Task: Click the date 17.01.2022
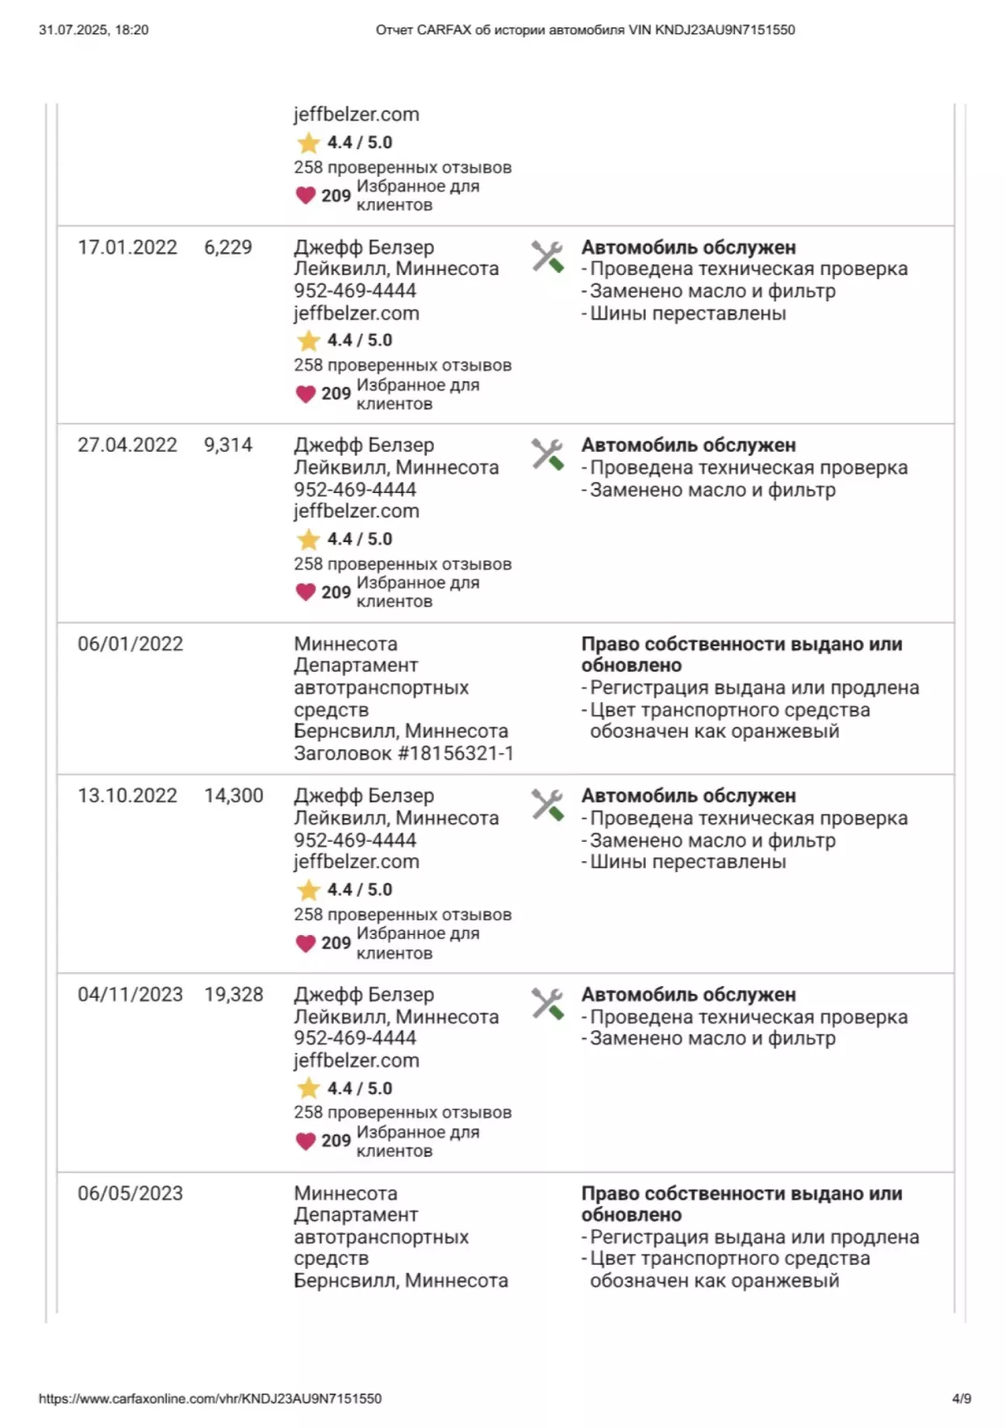point(127,248)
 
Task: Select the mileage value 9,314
point(228,446)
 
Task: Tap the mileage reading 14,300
point(234,796)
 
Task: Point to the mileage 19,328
point(234,995)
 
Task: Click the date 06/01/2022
point(130,645)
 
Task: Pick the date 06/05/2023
point(130,1193)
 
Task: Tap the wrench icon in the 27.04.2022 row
point(547,455)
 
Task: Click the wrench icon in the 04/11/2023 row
point(547,1004)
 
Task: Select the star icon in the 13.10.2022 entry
point(308,890)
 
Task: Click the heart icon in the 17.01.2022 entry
point(306,394)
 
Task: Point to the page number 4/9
point(961,1398)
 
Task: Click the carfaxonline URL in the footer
point(210,1398)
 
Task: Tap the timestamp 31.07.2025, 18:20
point(94,30)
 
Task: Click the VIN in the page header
point(725,30)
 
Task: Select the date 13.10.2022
point(127,796)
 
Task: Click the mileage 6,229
point(228,248)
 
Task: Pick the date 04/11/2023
point(130,995)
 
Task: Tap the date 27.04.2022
point(127,446)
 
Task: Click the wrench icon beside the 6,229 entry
point(547,257)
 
